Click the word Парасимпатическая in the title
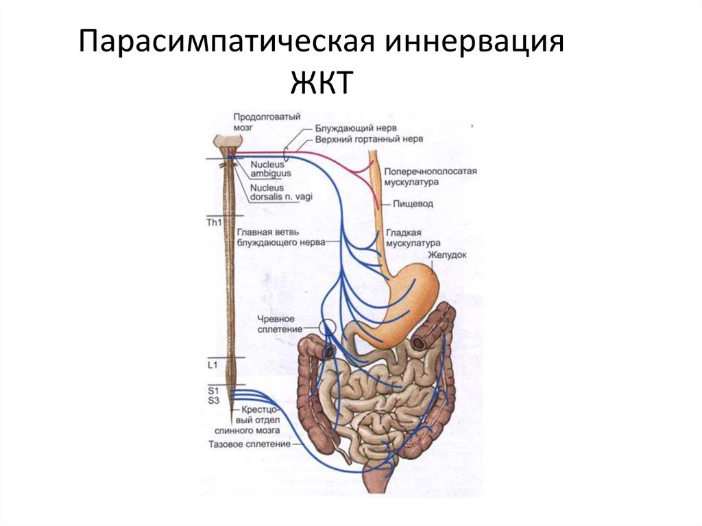pyautogui.click(x=226, y=43)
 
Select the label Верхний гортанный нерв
pyautogui.click(x=369, y=139)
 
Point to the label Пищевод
pyautogui.click(x=413, y=204)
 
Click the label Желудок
pyautogui.click(x=448, y=254)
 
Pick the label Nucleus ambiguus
pyautogui.click(x=270, y=169)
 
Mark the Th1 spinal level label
pyautogui.click(x=215, y=223)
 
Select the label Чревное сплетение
pyautogui.click(x=280, y=324)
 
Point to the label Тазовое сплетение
pyautogui.click(x=250, y=444)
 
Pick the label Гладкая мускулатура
pyautogui.click(x=412, y=238)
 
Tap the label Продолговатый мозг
pyautogui.click(x=267, y=122)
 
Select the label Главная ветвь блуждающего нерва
pyautogui.click(x=278, y=237)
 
